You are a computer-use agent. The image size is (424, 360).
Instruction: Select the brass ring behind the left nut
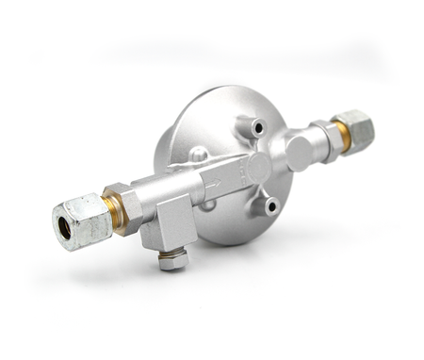tap(115, 213)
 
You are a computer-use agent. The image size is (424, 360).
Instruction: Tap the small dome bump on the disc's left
tap(198, 154)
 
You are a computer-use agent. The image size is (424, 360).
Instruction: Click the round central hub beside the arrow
tap(257, 167)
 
